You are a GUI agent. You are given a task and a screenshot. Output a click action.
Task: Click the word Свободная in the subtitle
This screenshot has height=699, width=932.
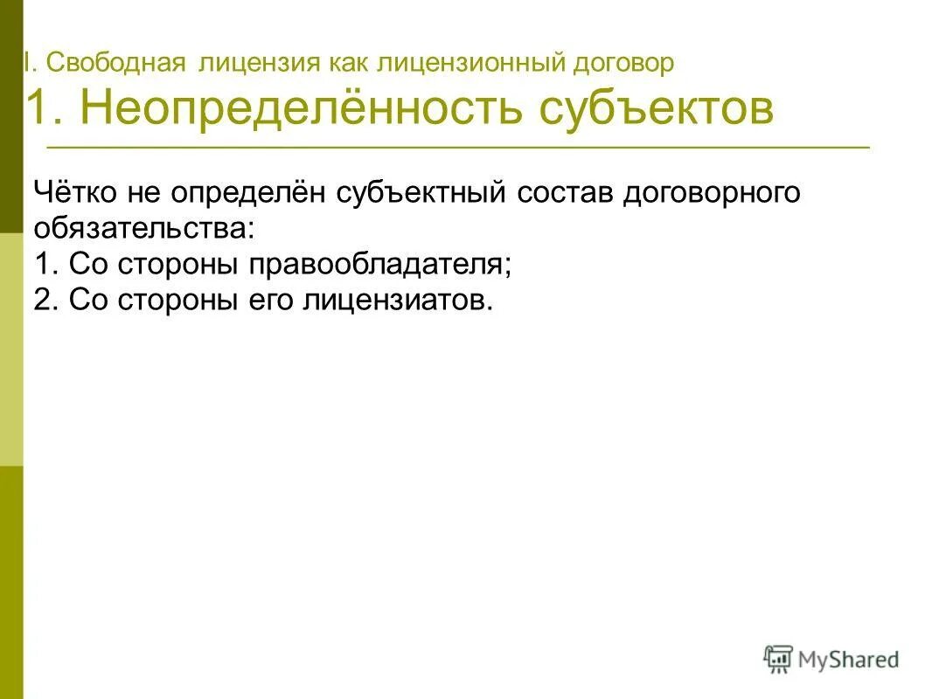116,64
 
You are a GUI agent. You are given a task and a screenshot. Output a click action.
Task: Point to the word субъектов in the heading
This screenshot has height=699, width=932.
657,109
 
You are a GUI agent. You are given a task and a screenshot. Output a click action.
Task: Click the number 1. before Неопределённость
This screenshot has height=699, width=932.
48,109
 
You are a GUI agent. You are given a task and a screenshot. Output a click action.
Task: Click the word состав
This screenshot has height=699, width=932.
565,193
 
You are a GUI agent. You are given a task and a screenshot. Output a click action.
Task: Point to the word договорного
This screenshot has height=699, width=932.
712,193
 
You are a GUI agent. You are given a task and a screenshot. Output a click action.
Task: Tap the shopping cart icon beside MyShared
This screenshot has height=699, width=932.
777,659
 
